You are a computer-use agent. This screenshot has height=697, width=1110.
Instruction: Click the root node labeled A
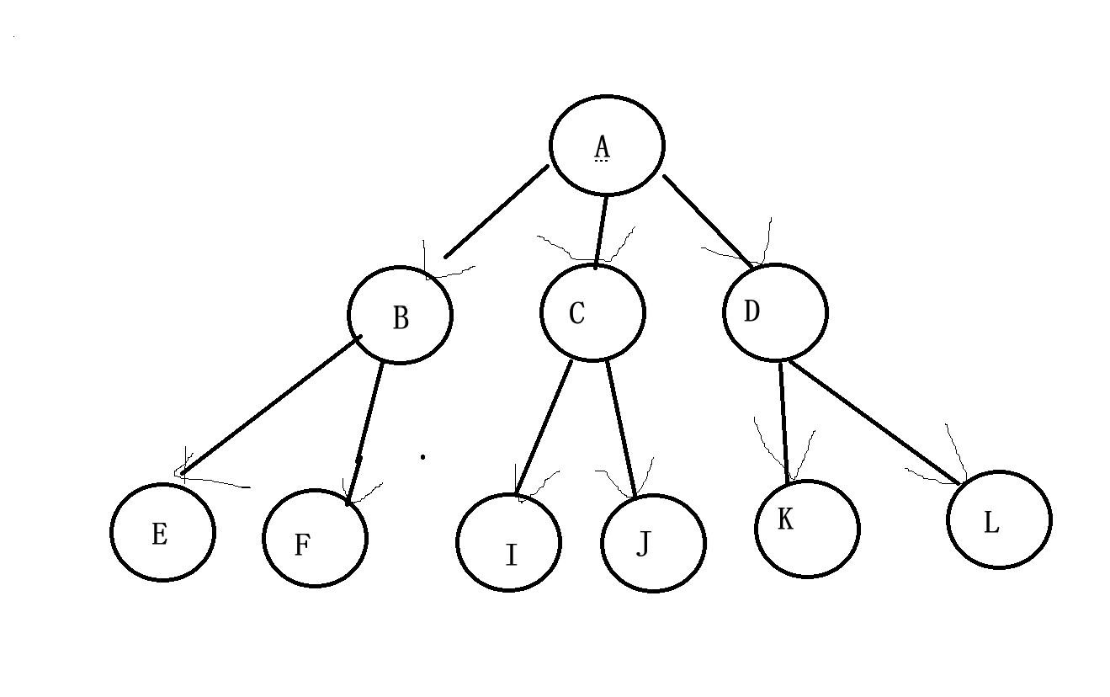point(607,145)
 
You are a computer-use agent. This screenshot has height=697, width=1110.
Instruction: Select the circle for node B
point(400,315)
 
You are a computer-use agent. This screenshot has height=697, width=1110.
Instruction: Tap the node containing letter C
point(592,312)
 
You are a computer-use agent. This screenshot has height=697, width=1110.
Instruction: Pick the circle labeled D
point(775,312)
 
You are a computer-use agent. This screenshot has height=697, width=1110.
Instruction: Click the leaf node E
point(162,532)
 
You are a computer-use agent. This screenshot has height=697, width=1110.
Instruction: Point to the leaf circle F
point(315,539)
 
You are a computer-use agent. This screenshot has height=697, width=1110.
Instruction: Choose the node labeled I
point(508,543)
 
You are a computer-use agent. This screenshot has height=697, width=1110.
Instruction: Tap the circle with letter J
point(653,543)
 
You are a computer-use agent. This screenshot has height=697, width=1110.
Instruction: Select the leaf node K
point(807,529)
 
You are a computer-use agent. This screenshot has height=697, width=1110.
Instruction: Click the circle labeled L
point(999,520)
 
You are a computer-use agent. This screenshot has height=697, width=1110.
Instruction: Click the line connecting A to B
point(497,211)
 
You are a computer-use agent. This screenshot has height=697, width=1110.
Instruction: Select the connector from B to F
point(365,433)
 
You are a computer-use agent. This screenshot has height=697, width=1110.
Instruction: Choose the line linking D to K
point(785,421)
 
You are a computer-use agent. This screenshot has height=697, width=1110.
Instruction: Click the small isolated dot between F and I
point(422,457)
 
